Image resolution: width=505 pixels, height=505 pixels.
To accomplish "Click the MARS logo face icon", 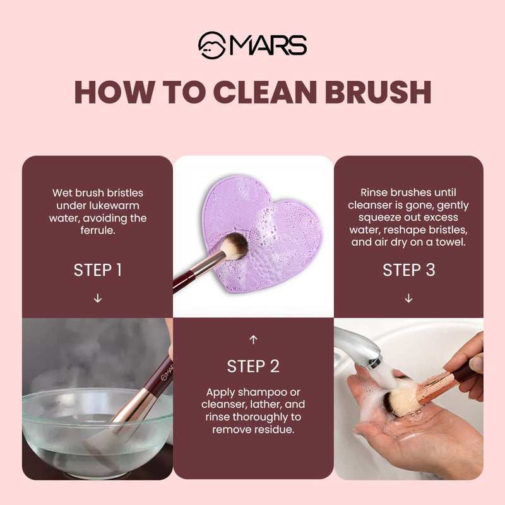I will [x=211, y=45].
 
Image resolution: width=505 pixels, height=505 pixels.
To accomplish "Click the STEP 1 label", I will [x=97, y=270].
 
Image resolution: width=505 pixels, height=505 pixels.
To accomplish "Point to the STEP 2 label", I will [x=253, y=366].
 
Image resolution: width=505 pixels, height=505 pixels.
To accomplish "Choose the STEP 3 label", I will [x=408, y=270].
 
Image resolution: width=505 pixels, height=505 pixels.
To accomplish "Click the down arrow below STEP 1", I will [x=97, y=298].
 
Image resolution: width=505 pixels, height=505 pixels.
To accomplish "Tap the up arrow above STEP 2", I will [x=253, y=340].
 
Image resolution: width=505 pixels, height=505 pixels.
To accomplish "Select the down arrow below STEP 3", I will [x=408, y=298].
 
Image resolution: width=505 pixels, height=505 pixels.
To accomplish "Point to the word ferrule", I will [x=97, y=231].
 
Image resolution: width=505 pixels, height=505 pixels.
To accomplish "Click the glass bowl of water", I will [x=95, y=429].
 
